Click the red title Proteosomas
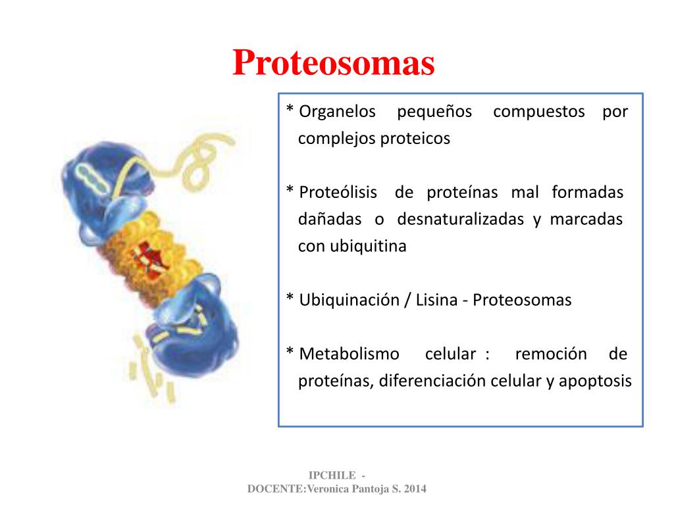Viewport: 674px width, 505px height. [334, 64]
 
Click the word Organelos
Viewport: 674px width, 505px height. [337, 112]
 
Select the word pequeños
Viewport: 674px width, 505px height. [434, 112]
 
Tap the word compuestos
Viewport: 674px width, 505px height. [538, 112]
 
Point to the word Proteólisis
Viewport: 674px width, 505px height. [338, 193]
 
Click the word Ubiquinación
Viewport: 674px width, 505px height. [349, 301]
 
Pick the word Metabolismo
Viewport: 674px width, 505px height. [349, 354]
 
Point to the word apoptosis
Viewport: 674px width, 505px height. [595, 381]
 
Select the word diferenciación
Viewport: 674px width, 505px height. [432, 381]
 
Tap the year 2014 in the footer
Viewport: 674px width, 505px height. [415, 489]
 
